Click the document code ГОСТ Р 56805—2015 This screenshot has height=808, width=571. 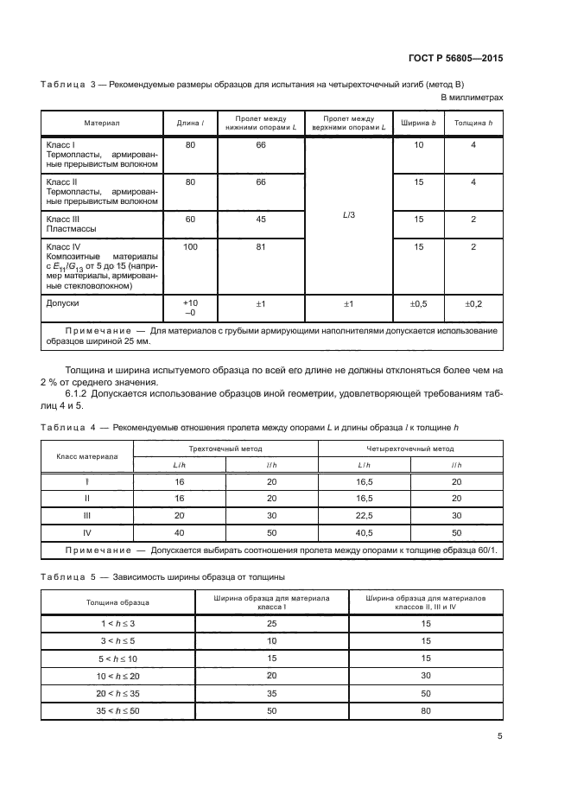454,58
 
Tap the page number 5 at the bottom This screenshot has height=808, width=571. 500,736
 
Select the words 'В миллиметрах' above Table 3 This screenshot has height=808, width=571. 472,98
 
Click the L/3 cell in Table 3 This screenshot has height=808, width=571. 349,215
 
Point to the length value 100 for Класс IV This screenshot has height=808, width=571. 190,246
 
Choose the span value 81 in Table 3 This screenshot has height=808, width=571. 260,246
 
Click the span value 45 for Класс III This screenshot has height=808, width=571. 260,219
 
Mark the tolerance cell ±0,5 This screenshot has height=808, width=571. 418,303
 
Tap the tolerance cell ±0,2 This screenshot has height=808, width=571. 473,303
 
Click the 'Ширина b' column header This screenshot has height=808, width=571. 418,123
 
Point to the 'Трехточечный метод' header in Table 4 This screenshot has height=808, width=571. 225,449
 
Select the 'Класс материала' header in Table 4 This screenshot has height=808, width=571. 86,456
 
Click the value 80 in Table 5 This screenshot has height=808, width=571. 426,709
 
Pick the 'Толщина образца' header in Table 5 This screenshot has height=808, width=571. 117,601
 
